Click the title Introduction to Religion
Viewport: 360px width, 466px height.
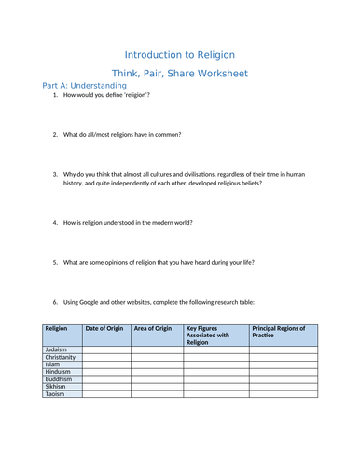coord(179,55)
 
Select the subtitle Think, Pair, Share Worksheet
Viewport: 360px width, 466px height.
coord(179,73)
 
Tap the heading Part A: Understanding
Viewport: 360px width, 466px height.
coord(85,86)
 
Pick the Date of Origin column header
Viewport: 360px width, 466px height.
coord(104,328)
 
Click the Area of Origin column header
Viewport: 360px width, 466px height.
coord(153,328)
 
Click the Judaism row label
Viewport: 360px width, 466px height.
coord(57,349)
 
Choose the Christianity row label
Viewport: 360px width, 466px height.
coord(61,357)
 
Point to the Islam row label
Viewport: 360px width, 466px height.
coord(52,364)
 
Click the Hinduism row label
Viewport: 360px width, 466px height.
coord(58,372)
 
